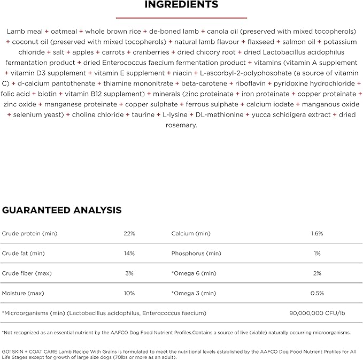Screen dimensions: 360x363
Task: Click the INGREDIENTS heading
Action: pos(182,5)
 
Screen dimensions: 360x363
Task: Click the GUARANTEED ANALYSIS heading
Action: pos(62,210)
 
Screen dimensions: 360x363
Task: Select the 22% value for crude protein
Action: pos(129,234)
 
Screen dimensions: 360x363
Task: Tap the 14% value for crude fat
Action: pos(129,254)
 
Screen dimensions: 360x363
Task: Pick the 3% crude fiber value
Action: pos(129,273)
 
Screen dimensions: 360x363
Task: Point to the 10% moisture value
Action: pos(129,293)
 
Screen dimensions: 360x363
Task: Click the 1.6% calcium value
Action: pos(317,234)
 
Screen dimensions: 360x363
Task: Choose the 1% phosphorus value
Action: pos(317,254)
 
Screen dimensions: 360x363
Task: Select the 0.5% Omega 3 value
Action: pos(317,293)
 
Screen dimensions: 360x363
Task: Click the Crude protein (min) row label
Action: pos(29,234)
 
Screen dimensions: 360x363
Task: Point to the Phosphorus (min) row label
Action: pos(196,254)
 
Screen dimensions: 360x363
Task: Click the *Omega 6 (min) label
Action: pos(194,273)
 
